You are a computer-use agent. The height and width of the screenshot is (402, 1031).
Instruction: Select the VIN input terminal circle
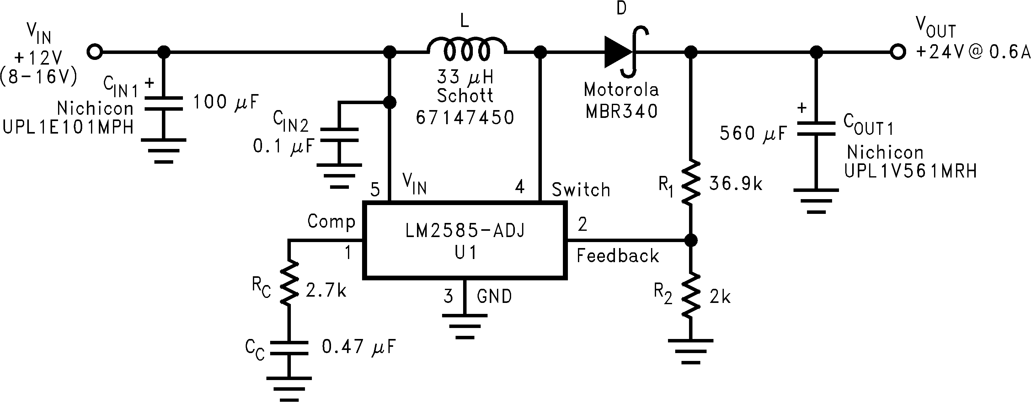pyautogui.click(x=95, y=52)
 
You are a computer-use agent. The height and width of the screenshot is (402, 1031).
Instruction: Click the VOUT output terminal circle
pyautogui.click(x=897, y=52)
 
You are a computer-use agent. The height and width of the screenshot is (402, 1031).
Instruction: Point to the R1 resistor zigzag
pyautogui.click(x=691, y=183)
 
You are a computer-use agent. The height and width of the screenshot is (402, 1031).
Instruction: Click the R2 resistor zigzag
pyautogui.click(x=691, y=296)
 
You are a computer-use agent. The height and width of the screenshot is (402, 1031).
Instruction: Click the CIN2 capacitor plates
pyautogui.click(x=339, y=135)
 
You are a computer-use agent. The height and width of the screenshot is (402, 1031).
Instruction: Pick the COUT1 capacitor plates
pyautogui.click(x=816, y=129)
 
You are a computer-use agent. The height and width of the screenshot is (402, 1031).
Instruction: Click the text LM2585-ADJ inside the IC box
pyautogui.click(x=464, y=231)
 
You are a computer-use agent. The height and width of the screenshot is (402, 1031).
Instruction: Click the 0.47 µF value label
pyautogui.click(x=359, y=347)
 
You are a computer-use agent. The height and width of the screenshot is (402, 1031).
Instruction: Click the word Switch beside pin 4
pyautogui.click(x=581, y=190)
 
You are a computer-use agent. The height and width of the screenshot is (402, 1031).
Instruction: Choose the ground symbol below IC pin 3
pyautogui.click(x=464, y=326)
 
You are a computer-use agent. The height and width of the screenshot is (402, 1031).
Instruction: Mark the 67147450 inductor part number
pyautogui.click(x=465, y=118)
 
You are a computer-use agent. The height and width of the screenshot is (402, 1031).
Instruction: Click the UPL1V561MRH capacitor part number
pyautogui.click(x=911, y=171)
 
